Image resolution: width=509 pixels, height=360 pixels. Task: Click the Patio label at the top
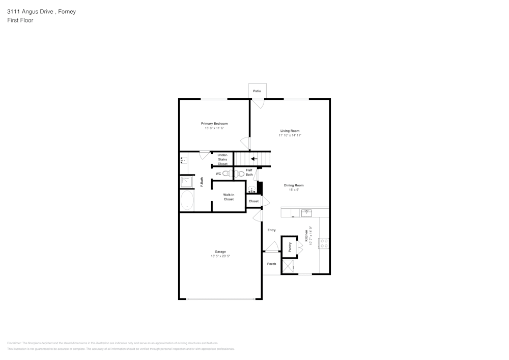[257, 91]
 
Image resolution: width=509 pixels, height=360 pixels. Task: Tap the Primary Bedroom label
[214, 124]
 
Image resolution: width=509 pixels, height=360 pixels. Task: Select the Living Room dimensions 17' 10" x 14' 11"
[290, 135]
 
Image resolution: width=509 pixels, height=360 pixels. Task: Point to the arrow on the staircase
[254, 159]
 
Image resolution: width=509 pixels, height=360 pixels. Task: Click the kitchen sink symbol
[306, 212]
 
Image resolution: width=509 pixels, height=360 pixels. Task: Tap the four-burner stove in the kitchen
[324, 243]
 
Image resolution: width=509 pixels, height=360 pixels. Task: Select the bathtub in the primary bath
[187, 201]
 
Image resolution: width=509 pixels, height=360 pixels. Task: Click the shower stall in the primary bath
[186, 182]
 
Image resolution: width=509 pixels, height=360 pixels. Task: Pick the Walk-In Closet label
[229, 197]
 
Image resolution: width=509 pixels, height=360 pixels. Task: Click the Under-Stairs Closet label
[222, 159]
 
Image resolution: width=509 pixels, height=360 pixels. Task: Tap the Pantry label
[290, 247]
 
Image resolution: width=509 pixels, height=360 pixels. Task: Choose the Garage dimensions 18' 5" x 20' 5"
[220, 256]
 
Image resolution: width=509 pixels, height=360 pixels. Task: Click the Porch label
[272, 264]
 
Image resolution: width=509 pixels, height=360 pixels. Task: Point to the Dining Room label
[294, 185]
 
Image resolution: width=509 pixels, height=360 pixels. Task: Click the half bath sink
[252, 189]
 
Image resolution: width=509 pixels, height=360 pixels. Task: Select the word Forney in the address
[66, 12]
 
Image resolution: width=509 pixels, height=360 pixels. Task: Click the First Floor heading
[20, 20]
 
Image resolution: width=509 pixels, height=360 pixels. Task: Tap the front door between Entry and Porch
[271, 251]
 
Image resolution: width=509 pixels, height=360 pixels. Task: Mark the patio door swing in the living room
[259, 103]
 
